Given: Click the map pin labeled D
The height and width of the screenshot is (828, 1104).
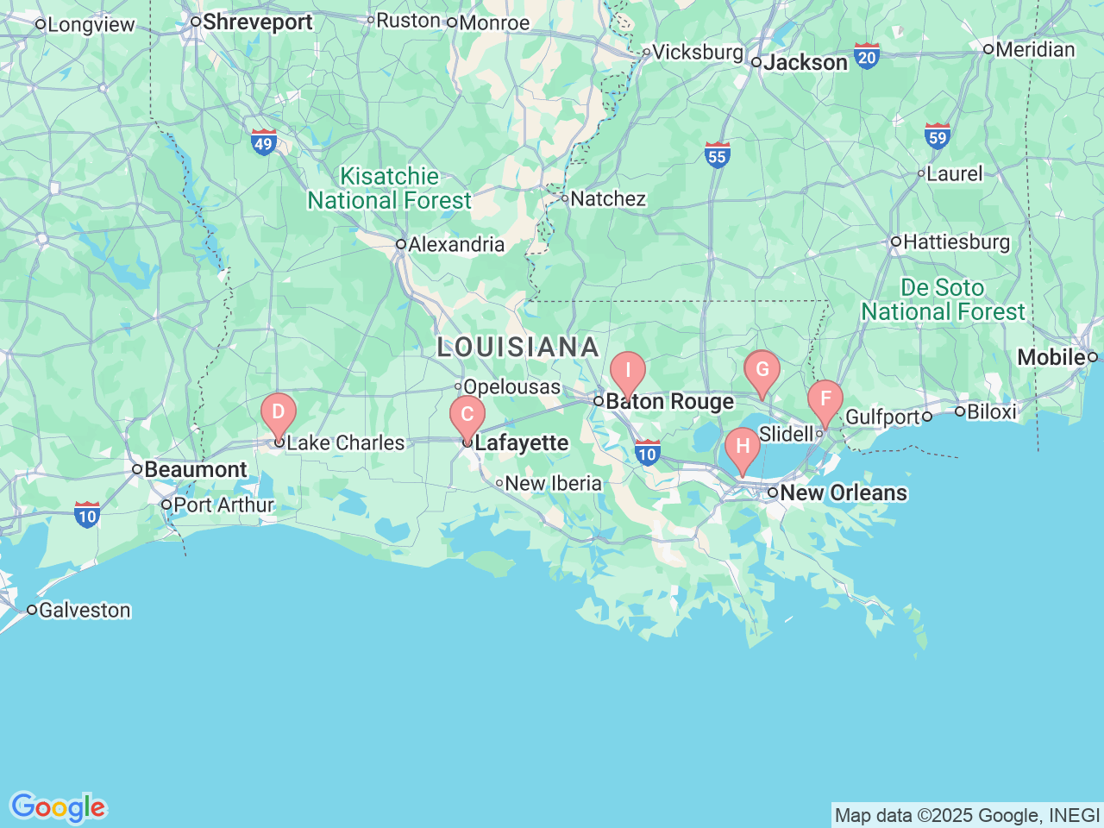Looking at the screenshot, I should click(279, 412).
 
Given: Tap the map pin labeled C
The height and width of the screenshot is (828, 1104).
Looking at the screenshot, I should click(467, 415).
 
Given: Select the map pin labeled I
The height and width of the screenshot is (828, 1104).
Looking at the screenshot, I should click(628, 372).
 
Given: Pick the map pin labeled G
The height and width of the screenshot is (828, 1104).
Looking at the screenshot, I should click(762, 371).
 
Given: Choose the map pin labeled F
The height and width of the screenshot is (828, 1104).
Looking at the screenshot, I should click(825, 399).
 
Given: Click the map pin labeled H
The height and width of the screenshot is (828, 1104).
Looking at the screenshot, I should click(743, 448).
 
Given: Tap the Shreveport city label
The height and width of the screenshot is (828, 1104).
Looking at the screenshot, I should click(256, 22).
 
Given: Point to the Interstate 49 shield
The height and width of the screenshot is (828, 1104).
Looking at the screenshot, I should click(264, 142).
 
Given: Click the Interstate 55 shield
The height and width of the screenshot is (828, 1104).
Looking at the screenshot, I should click(717, 154).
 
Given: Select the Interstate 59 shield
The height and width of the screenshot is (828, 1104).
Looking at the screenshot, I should click(938, 136).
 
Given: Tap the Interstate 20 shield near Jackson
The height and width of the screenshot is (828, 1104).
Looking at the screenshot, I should click(867, 57).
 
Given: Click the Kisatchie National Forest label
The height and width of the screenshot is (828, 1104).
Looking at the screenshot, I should click(390, 189).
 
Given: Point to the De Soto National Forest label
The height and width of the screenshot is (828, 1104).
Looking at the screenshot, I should click(943, 299).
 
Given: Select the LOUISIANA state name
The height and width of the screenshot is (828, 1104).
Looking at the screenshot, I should click(517, 347).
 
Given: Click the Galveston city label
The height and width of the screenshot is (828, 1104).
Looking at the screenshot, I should click(84, 611).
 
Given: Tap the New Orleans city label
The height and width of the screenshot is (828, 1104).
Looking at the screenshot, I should click(843, 493).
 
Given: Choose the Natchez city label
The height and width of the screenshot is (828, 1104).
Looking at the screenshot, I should click(607, 199).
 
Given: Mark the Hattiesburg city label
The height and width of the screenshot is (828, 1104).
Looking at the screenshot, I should click(956, 242).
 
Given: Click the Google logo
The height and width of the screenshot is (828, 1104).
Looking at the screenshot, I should click(58, 808).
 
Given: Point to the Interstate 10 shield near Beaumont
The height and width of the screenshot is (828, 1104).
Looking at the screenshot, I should click(87, 515).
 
